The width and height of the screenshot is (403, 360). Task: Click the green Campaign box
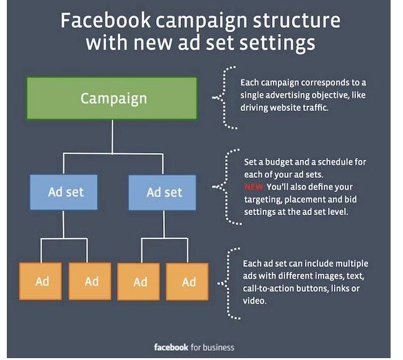tap(112, 99)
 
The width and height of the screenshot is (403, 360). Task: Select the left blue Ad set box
tap(64, 192)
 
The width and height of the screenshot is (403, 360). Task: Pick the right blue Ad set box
tap(162, 192)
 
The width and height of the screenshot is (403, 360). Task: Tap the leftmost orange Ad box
tap(40, 281)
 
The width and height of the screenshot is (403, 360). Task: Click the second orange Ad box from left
tap(90, 281)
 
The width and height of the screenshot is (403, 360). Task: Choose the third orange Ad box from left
tap(138, 281)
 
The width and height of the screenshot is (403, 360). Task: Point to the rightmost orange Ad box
tap(187, 281)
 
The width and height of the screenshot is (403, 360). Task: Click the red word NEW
tap(254, 187)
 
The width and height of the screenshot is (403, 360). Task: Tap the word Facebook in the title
tap(105, 20)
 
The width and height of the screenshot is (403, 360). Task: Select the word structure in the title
tap(297, 20)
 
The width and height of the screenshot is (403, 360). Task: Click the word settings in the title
tap(277, 43)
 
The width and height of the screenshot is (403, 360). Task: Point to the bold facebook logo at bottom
tap(171, 348)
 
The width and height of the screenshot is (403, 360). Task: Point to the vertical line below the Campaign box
tap(112, 137)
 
